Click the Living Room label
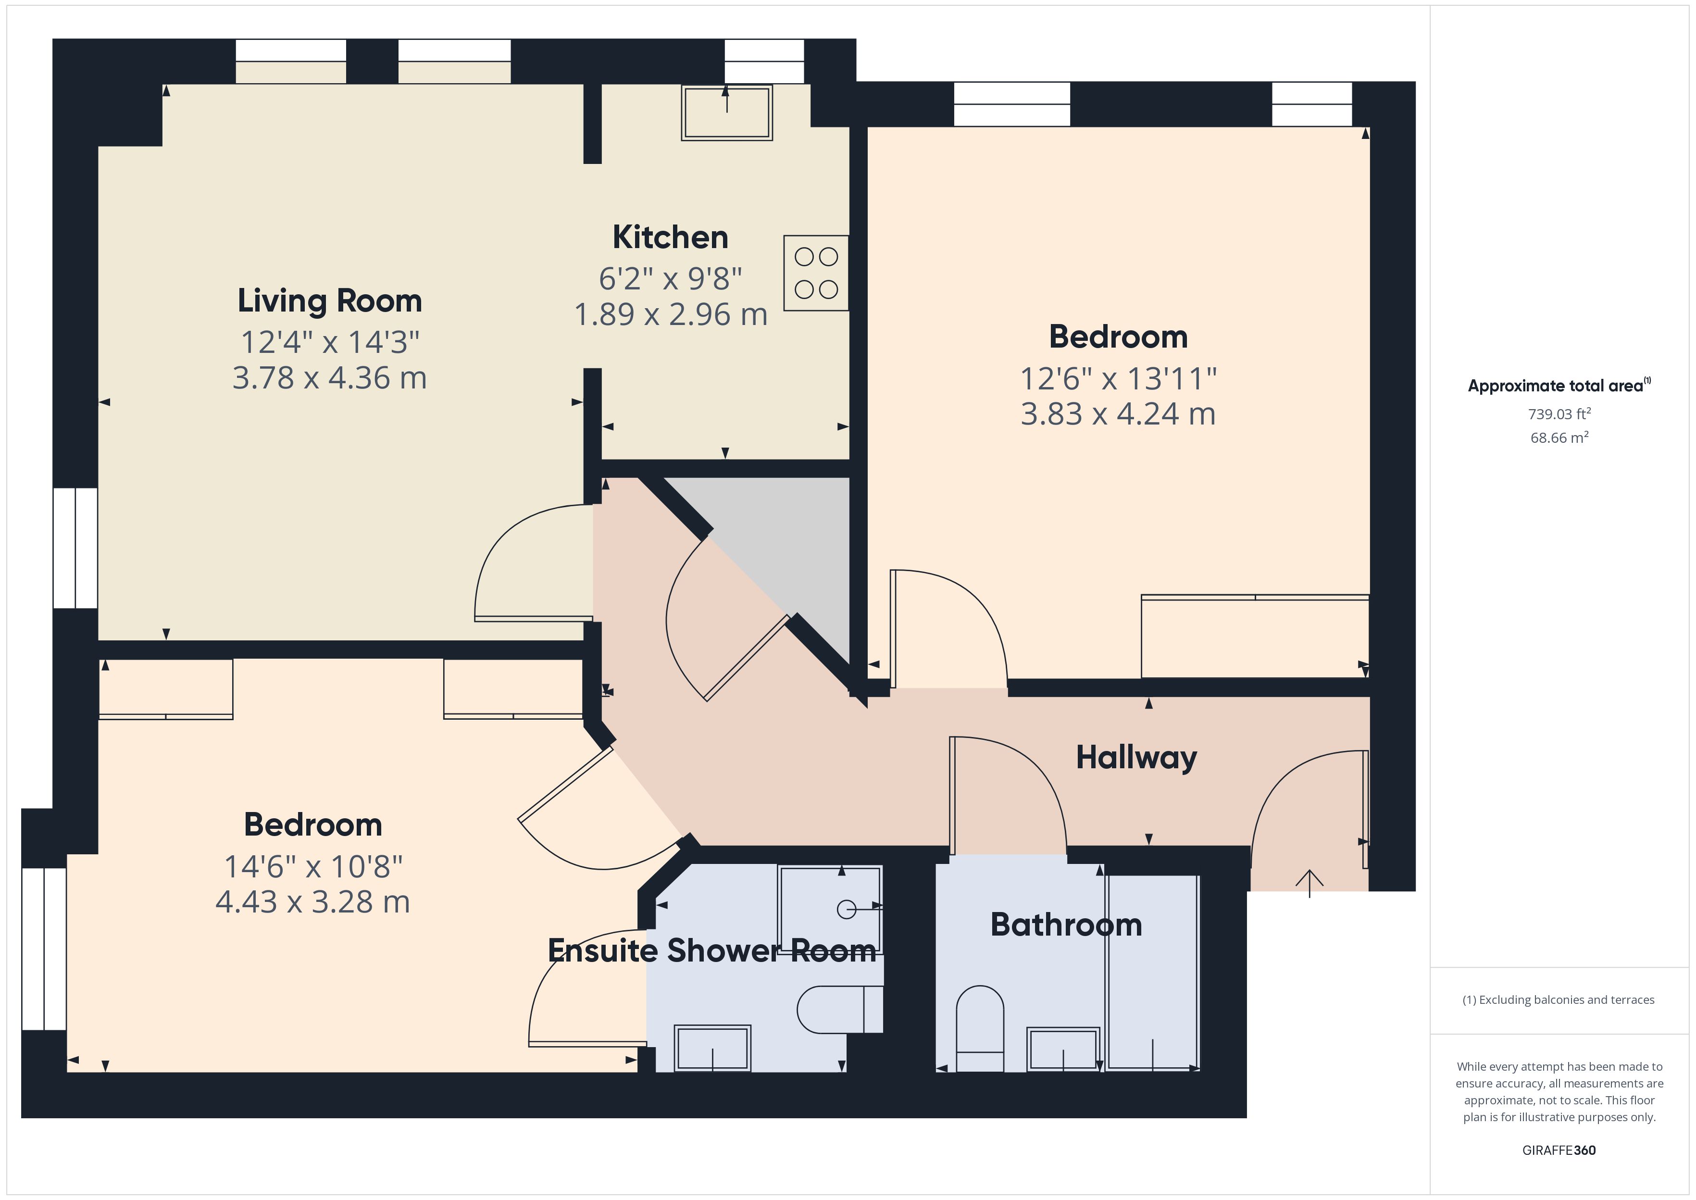pos(329,301)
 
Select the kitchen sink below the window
pos(727,113)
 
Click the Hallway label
pos(1135,757)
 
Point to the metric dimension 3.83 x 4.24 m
pos(1118,414)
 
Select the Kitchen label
pos(670,237)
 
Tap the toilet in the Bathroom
pos(980,1027)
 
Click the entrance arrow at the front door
pos(1309,882)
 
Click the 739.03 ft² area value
pos(1559,414)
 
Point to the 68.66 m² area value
pos(1559,437)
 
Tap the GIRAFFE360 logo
pos(1559,1150)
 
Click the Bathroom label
pos(1065,925)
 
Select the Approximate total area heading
pos(1559,386)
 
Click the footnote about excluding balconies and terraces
pos(1558,1000)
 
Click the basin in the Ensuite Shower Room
pos(712,1048)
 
